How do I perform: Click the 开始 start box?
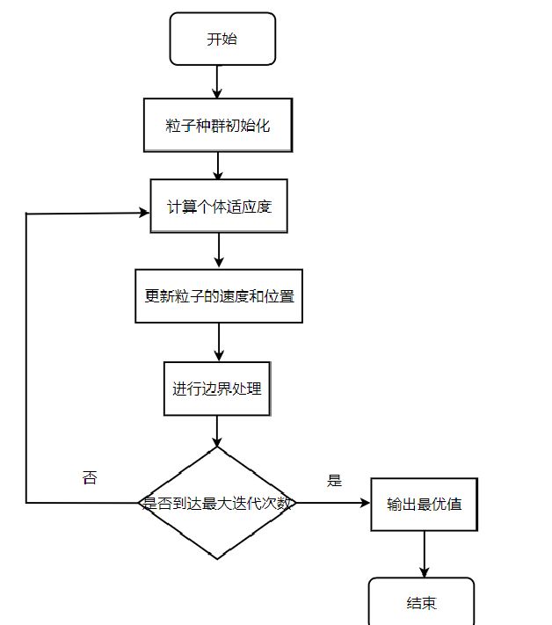click(222, 40)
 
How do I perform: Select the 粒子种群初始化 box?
click(217, 126)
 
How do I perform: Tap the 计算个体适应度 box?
click(218, 207)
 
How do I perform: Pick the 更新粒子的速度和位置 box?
click(219, 296)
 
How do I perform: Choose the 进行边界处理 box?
click(217, 388)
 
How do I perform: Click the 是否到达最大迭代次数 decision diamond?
click(217, 504)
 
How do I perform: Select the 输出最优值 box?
click(424, 505)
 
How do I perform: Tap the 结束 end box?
click(421, 603)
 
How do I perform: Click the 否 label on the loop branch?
click(89, 478)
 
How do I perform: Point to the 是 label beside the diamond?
click(334, 481)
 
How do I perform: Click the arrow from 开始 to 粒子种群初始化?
click(217, 81)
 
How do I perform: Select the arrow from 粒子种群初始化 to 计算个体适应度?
click(217, 165)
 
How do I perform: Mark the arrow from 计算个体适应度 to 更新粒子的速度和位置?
click(218, 251)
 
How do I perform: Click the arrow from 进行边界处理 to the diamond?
click(217, 432)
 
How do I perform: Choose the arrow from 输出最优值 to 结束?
click(425, 554)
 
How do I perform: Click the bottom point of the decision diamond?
click(217, 558)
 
